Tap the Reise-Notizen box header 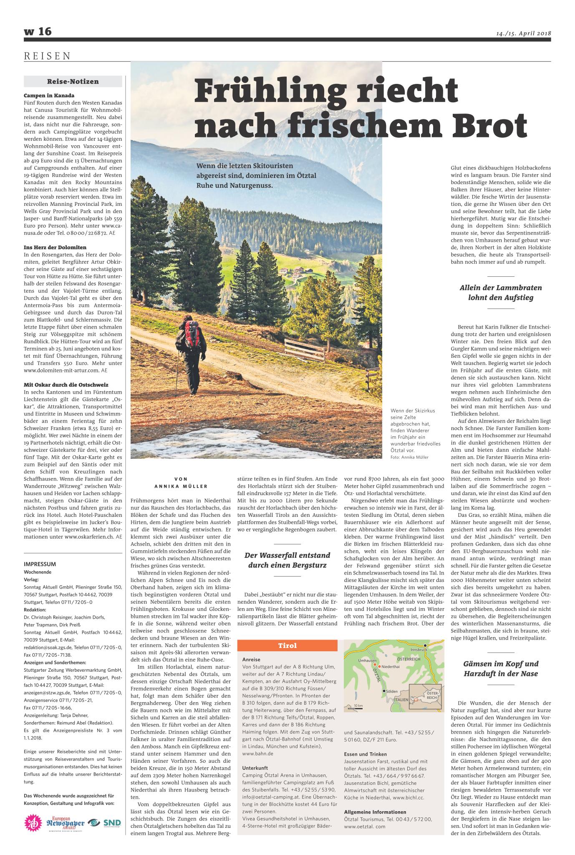(73, 81)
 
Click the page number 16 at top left (44, 31)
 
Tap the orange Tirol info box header (288, 645)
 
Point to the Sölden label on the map (392, 692)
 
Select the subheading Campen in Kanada (49, 96)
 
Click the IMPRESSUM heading (40, 564)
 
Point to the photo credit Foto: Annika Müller (409, 457)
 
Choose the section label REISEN (47, 56)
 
